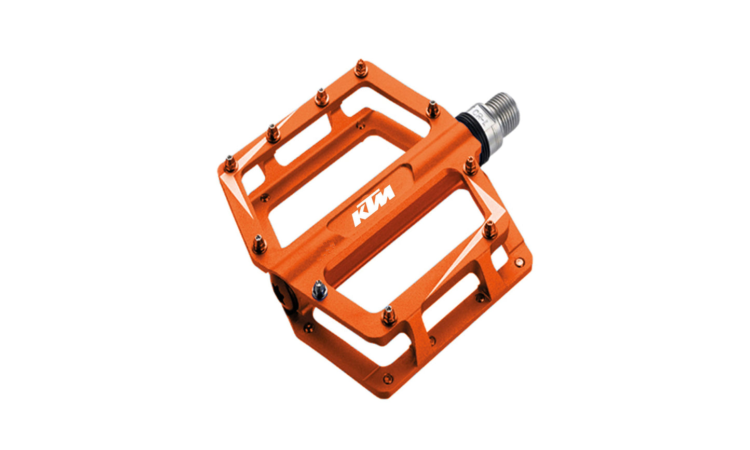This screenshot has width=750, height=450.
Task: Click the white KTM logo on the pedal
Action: [374, 206]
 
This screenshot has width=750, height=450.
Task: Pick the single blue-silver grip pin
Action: [319, 289]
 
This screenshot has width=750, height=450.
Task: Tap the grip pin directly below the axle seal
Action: [470, 166]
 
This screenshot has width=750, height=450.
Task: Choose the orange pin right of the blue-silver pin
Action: [388, 315]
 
